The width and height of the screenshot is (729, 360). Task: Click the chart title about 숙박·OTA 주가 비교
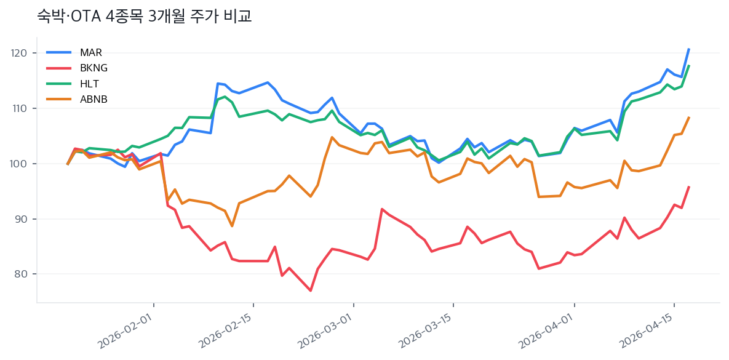pyautogui.click(x=145, y=17)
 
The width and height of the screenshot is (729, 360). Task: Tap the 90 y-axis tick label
pyautogui.click(x=21, y=219)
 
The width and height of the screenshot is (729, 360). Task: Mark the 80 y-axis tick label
pyautogui.click(x=21, y=274)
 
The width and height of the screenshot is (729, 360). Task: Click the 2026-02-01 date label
pyautogui.click(x=128, y=332)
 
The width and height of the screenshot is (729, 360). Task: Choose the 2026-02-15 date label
pyautogui.click(x=228, y=332)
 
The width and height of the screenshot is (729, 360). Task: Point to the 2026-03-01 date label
pyautogui.click(x=328, y=332)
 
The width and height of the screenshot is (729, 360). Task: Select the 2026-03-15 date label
pyautogui.click(x=428, y=332)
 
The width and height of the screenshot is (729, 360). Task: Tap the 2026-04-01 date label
pyautogui.click(x=549, y=332)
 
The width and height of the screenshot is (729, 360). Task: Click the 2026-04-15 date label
pyautogui.click(x=648, y=332)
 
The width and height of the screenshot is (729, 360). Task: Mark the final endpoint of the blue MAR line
pyautogui.click(x=689, y=49)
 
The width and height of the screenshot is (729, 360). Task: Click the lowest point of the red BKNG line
pyautogui.click(x=311, y=290)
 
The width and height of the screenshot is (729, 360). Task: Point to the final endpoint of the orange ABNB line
pyautogui.click(x=689, y=117)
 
